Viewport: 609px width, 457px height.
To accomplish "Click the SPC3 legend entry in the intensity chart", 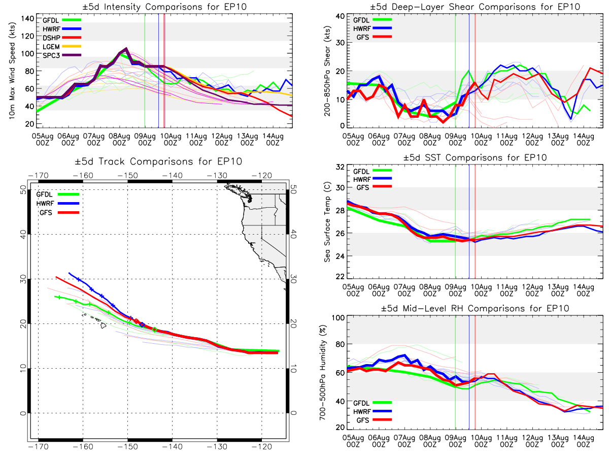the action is pos(61,55).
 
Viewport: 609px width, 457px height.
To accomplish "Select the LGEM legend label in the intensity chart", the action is pos(51,47).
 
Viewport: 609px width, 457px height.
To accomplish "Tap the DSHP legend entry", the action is pos(61,38).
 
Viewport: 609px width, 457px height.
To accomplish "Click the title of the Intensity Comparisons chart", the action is pos(164,7).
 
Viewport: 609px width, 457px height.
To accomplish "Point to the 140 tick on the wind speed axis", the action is pos(28,19).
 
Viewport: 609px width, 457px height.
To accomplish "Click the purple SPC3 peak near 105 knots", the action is pos(126,49).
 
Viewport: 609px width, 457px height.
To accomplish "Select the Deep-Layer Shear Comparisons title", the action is pos(475,7).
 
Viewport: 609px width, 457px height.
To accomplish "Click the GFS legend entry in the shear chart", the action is pos(374,37).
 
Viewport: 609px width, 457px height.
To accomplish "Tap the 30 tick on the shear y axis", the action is pos(341,43).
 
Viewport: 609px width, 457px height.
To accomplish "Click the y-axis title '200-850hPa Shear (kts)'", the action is pos(327,71).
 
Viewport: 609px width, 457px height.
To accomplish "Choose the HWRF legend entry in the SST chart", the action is pos(373,179).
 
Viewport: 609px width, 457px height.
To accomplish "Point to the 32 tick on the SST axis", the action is pos(340,167).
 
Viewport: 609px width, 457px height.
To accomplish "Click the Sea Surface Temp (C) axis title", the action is pos(327,222).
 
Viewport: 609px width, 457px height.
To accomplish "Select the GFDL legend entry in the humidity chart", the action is pos(373,403).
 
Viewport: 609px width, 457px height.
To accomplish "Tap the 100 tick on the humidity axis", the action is pos(339,318).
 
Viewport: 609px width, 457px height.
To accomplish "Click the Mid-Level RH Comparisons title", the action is pos(475,309).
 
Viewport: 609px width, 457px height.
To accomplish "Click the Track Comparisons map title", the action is pos(158,161).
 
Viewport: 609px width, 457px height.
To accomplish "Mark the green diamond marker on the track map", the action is pos(155,330).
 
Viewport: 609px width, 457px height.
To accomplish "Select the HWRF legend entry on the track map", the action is pos(58,204).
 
